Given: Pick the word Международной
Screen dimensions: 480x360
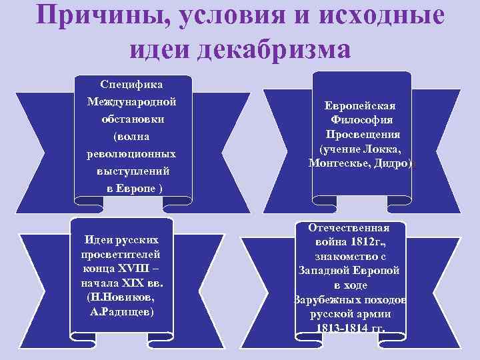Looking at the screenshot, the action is click(x=132, y=102).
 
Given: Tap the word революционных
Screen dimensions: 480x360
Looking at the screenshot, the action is click(x=132, y=154).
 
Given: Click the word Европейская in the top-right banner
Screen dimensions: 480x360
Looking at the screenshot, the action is click(x=360, y=107).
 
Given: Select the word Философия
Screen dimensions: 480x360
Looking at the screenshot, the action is click(x=361, y=121).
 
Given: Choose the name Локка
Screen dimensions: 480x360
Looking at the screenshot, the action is click(x=382, y=149).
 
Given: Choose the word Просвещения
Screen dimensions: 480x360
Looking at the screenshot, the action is click(x=361, y=135).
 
